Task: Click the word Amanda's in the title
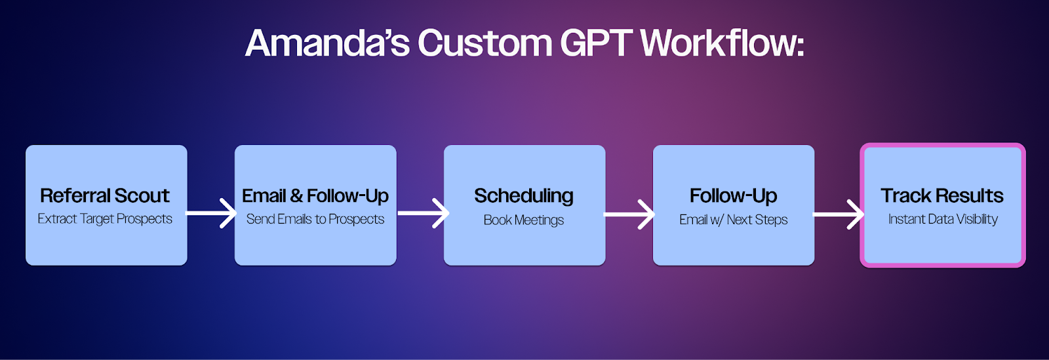point(327,43)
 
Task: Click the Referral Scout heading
point(104,195)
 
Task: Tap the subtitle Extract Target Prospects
point(105,219)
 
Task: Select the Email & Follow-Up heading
point(315,196)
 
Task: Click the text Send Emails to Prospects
point(315,219)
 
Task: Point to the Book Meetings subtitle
point(524,220)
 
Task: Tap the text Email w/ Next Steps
point(734,220)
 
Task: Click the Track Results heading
point(941,195)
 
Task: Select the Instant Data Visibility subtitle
point(943,219)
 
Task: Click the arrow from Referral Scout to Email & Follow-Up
point(210,214)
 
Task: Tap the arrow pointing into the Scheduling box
point(424,214)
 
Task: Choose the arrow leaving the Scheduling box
point(629,214)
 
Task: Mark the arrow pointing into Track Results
point(839,214)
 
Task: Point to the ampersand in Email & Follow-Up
point(296,196)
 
